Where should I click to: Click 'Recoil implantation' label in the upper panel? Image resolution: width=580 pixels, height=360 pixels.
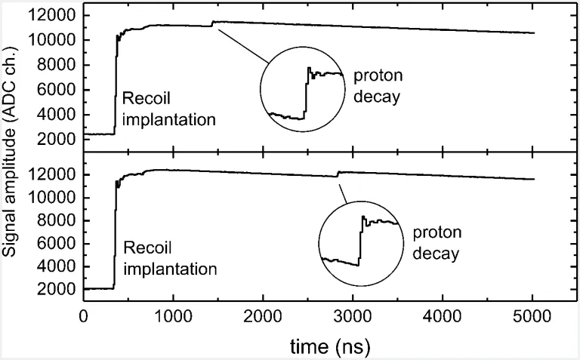tap(169, 108)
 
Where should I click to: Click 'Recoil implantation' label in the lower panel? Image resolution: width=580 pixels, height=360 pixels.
tap(169, 257)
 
